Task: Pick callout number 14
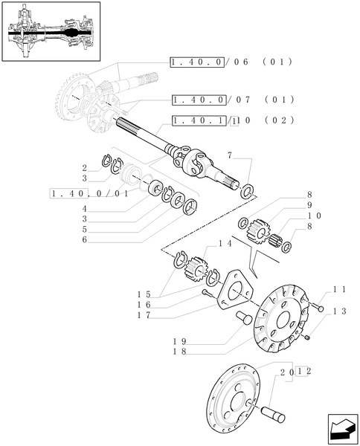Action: click(x=225, y=243)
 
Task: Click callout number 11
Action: click(x=339, y=288)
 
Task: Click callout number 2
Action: click(x=86, y=168)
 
